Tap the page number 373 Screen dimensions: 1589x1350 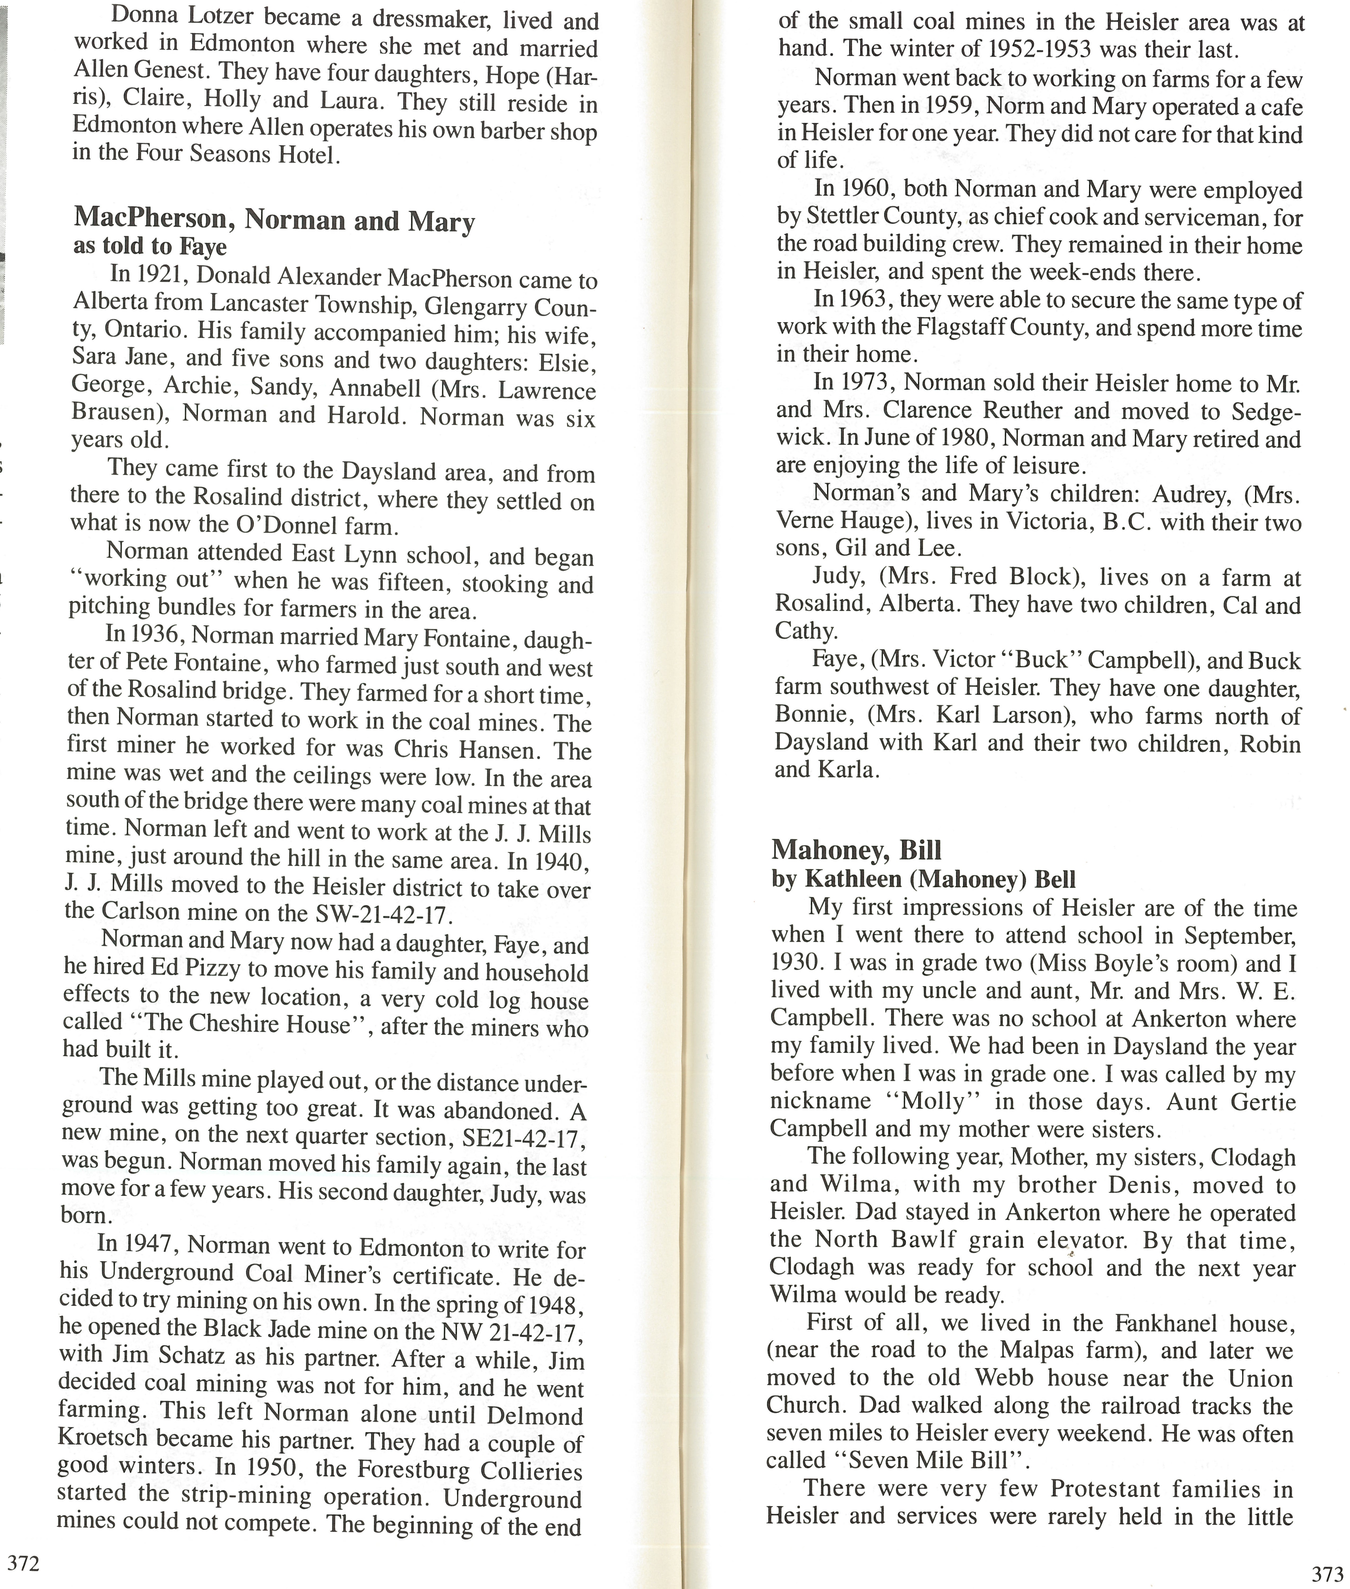click(x=1327, y=1574)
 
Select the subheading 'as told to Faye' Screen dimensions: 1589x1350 click(x=150, y=247)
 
